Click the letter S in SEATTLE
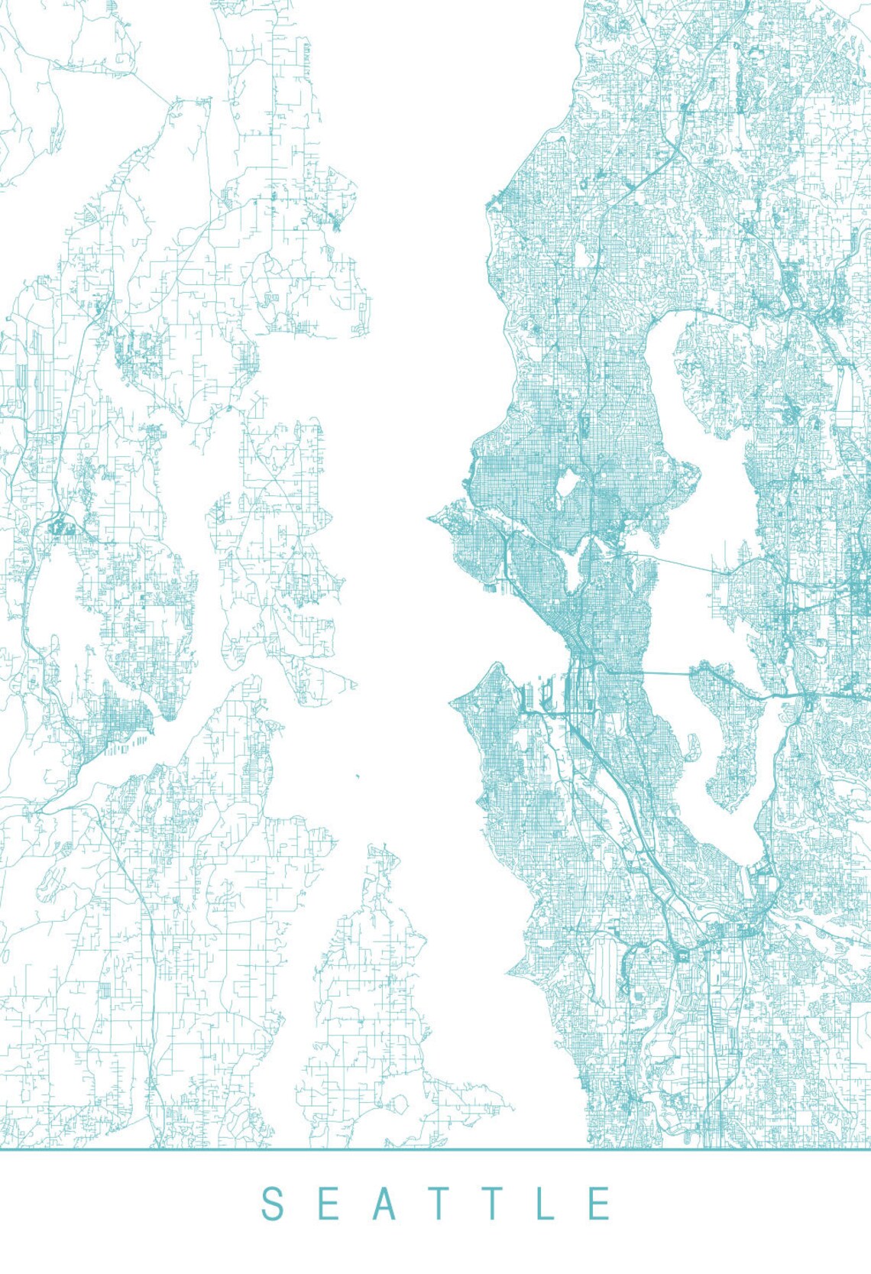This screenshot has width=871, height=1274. [x=273, y=1204]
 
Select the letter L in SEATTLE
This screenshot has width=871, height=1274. [x=546, y=1204]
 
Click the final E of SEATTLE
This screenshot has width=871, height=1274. [x=600, y=1204]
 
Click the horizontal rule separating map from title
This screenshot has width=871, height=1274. [x=435, y=1149]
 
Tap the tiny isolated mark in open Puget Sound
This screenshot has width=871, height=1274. [x=357, y=778]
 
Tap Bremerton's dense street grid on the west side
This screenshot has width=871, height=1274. [x=122, y=718]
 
